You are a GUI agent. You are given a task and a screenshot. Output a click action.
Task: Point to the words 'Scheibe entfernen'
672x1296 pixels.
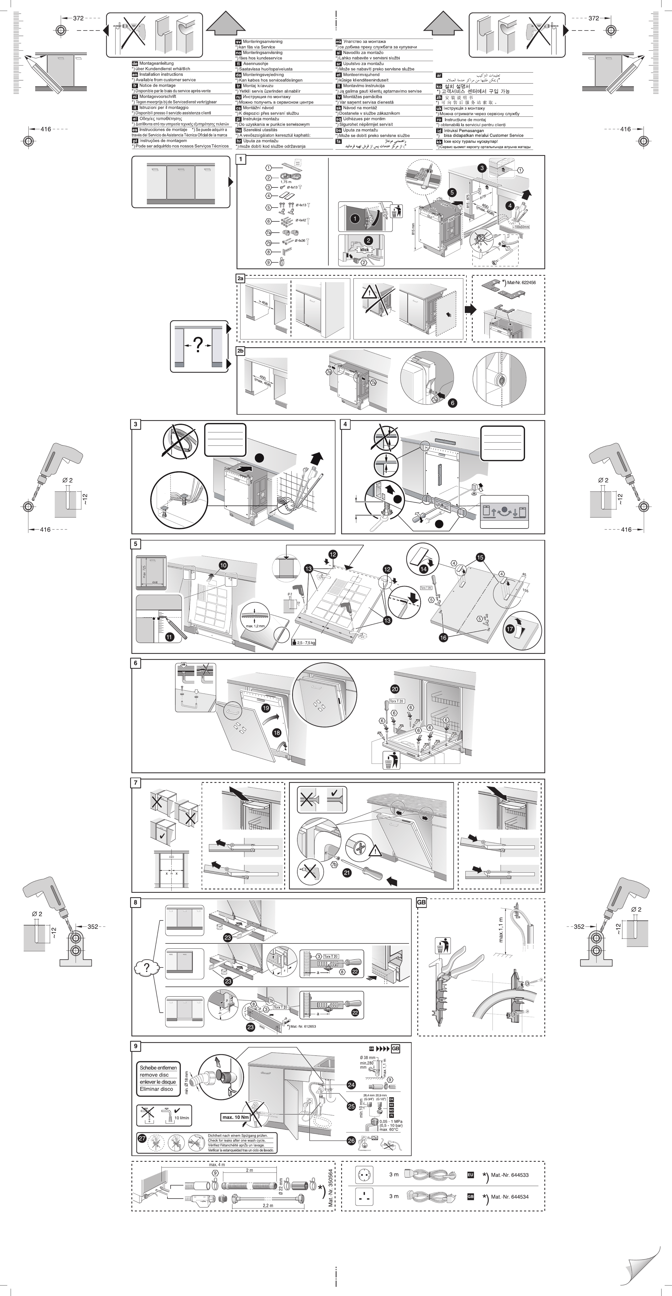[158, 1068]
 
